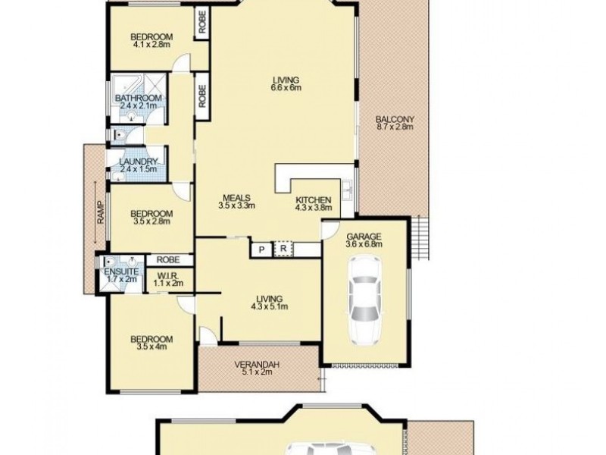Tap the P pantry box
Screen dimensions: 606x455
point(261,249)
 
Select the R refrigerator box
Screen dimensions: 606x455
point(283,249)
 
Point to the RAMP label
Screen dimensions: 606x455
point(101,212)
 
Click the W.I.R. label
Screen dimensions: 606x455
point(167,276)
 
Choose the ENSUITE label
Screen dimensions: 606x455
point(121,271)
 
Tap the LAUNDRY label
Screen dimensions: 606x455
point(139,162)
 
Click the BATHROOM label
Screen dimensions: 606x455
point(139,99)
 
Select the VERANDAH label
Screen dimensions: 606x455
point(257,365)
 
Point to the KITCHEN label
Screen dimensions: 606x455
point(314,200)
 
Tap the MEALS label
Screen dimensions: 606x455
point(236,198)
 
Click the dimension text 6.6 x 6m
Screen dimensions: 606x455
point(286,88)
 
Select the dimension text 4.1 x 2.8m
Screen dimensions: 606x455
point(152,45)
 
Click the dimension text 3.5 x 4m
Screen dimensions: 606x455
point(152,347)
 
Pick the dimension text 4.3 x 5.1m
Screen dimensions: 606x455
point(270,306)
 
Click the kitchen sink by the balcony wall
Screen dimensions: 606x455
point(348,190)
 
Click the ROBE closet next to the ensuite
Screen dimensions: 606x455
point(168,259)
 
